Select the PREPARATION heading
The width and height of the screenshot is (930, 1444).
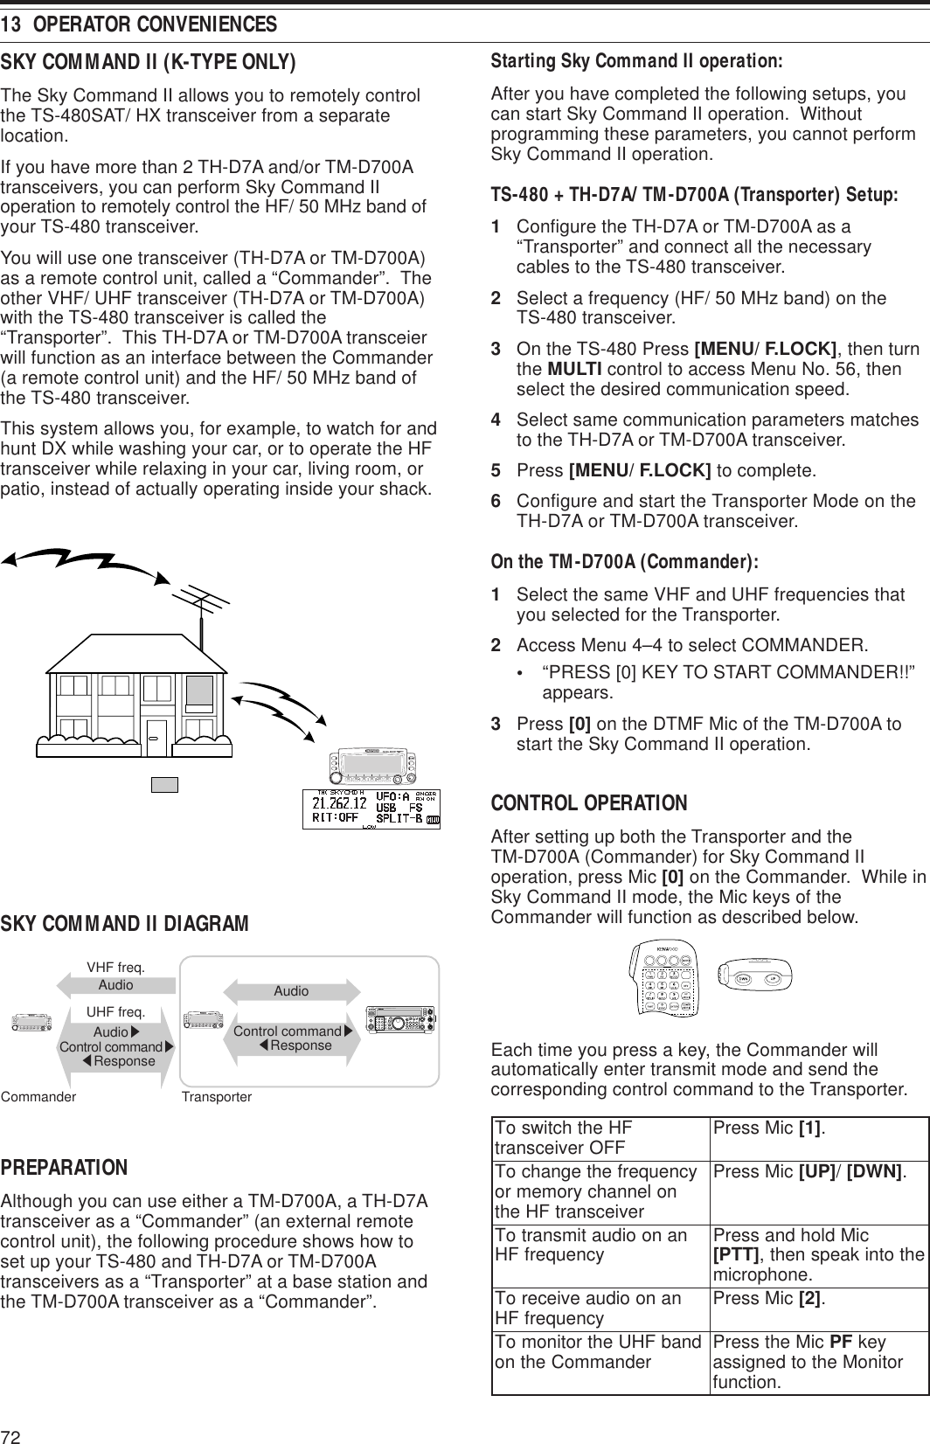point(65,1169)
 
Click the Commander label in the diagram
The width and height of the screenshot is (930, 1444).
point(38,1095)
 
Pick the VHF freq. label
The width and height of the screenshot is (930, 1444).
point(115,968)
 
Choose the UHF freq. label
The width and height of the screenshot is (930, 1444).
point(115,1011)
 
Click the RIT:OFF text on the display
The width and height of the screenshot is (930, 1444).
point(336,819)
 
